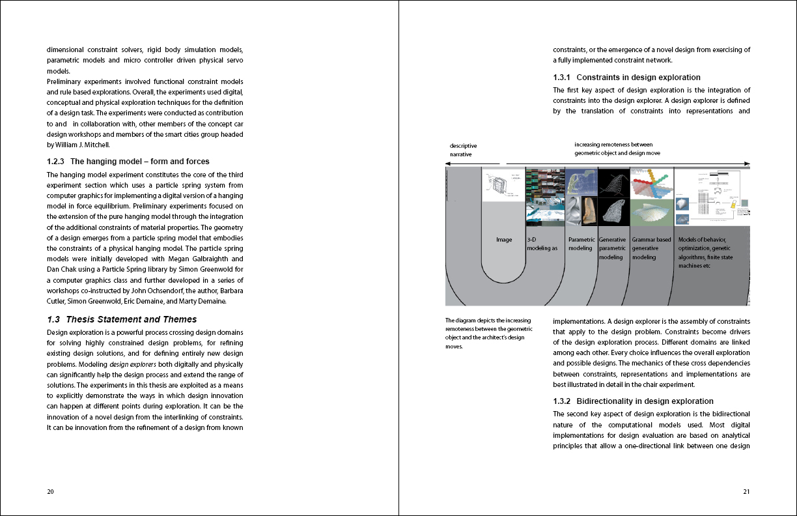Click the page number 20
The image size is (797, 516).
(50, 491)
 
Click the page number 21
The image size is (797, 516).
(746, 491)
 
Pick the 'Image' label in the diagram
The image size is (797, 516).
(504, 240)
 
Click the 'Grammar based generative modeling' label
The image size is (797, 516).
(651, 248)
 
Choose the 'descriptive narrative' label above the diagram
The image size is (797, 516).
(464, 150)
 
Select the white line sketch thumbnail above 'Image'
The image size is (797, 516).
(504, 184)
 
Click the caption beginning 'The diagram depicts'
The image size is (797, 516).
(488, 333)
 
